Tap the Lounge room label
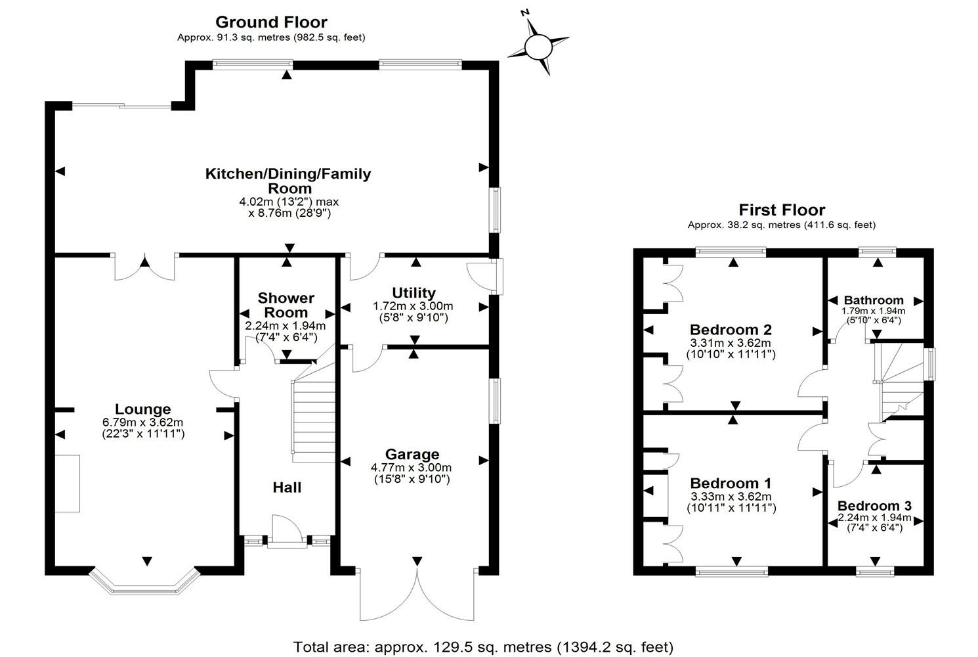143,409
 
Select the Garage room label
412,454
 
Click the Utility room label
414,293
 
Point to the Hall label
287,487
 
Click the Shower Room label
286,306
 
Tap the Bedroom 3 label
874,506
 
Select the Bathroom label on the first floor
874,300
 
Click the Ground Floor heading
271,22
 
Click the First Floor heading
782,210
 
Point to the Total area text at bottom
483,646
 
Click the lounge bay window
144,581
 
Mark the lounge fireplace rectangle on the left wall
66,483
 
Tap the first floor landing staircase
899,381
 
